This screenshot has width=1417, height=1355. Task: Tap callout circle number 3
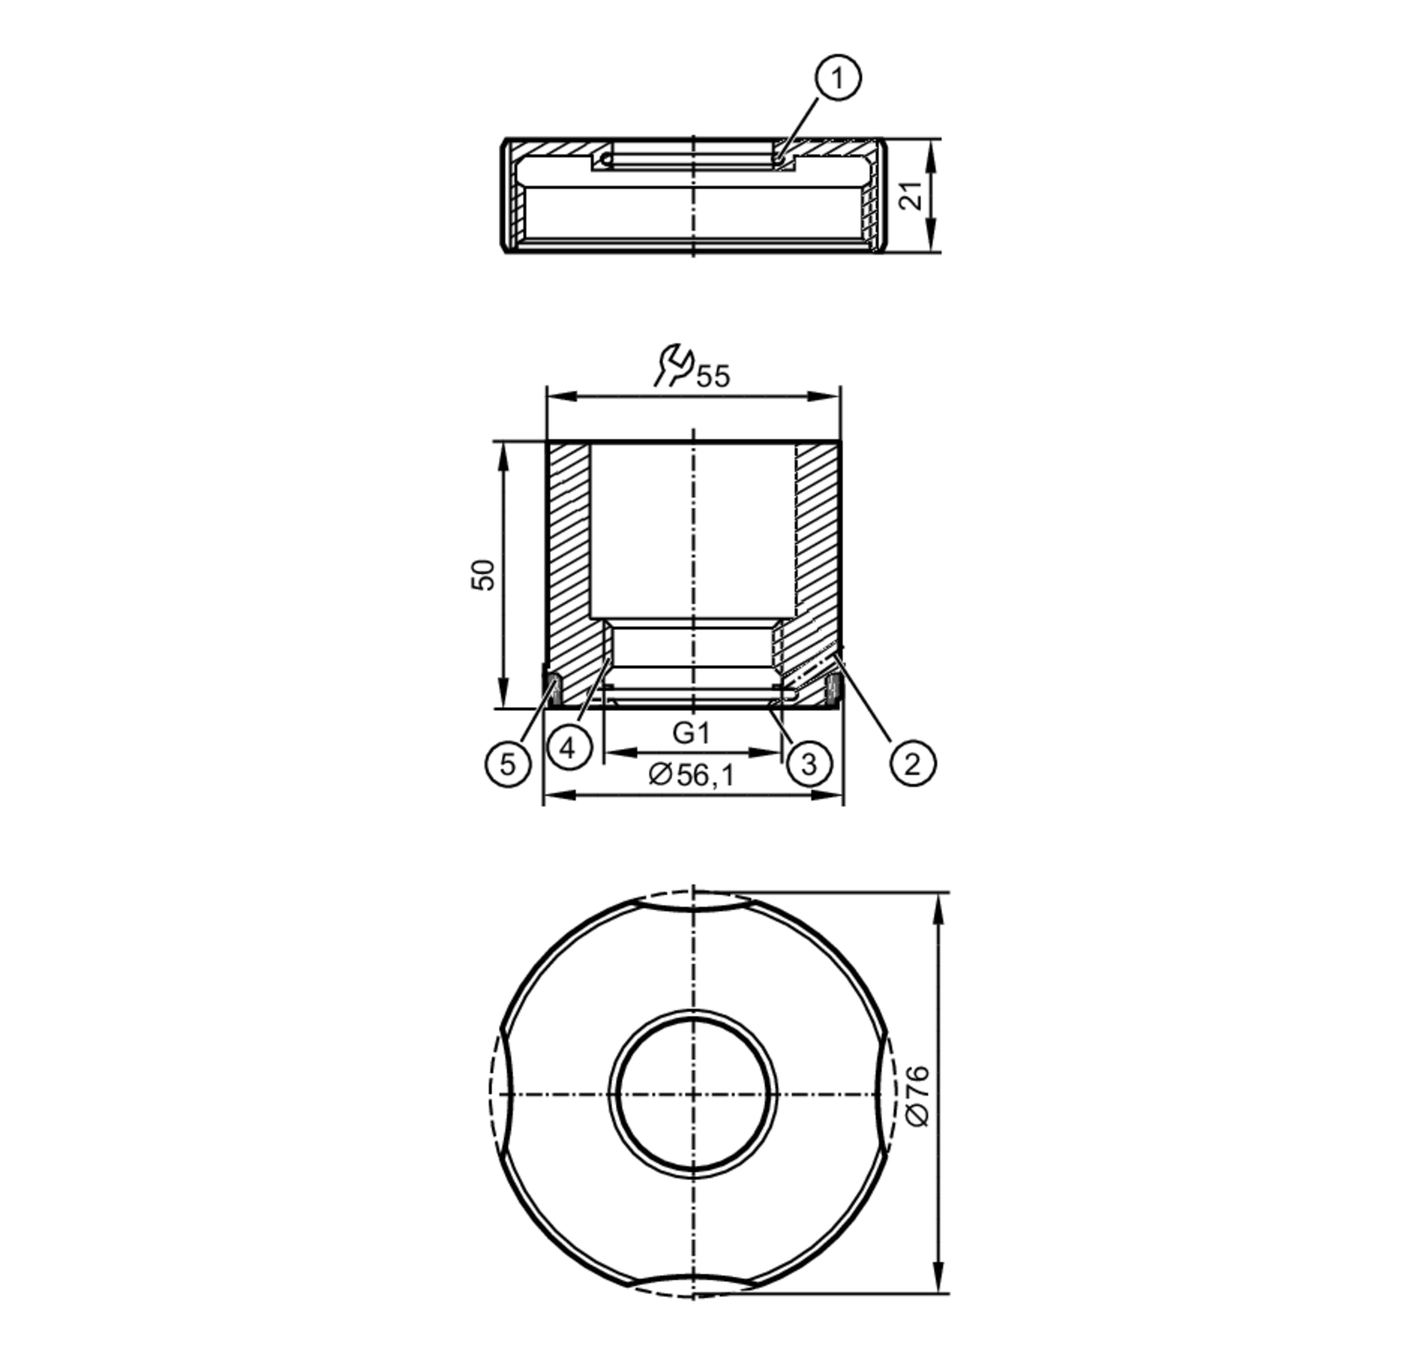[808, 764]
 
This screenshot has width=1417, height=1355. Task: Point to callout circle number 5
[508, 764]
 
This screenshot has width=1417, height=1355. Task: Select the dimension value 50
[483, 575]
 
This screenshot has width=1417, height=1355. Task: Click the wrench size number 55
[713, 376]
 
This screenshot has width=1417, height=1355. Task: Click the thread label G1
[691, 733]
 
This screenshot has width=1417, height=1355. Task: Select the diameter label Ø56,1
[691, 775]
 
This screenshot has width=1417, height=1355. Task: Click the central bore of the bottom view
[693, 1095]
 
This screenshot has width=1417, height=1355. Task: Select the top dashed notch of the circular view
[693, 899]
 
